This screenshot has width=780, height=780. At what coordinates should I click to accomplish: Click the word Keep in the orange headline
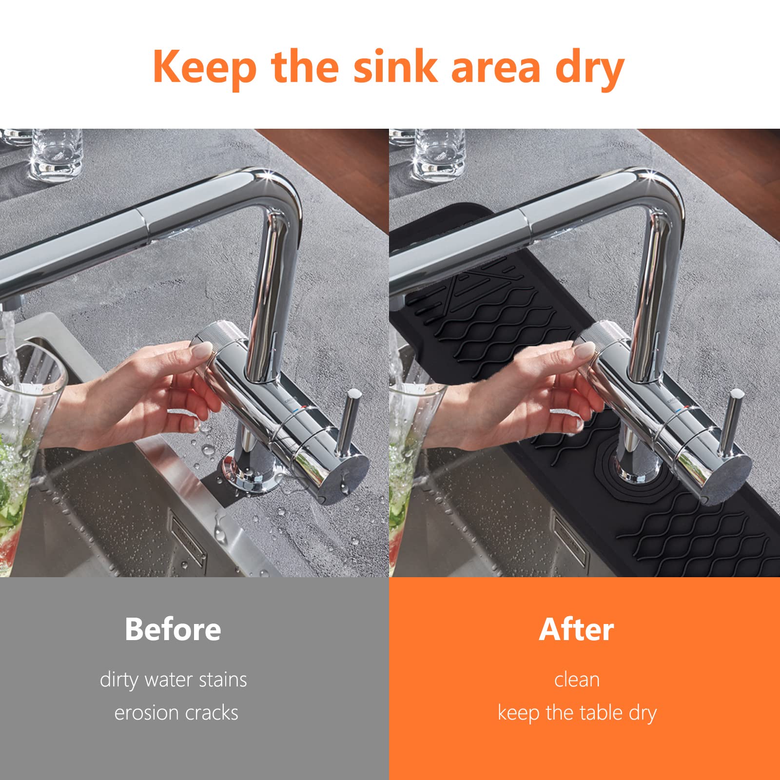pos(205,67)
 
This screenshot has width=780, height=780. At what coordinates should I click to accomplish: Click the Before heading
pos(173,629)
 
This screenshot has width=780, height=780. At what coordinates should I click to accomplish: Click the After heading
pos(576,629)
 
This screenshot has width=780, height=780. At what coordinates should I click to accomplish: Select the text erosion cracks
pos(176,713)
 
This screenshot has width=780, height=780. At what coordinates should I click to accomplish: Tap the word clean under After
pos(577,680)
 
